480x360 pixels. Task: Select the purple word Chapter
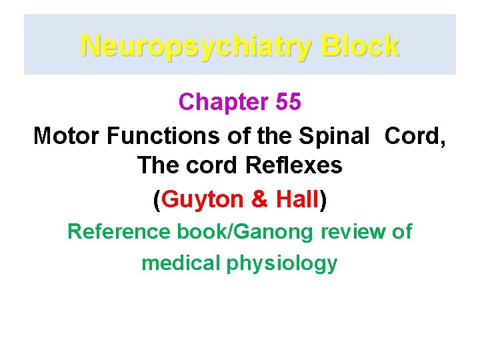[x=223, y=102]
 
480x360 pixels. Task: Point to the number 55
[x=288, y=102]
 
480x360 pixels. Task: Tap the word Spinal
[x=333, y=135]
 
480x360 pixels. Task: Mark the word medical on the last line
[x=180, y=263]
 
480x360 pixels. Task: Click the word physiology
[x=282, y=264]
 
